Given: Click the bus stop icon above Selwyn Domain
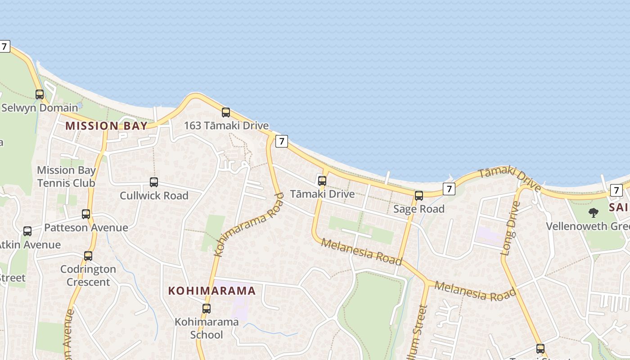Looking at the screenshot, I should pyautogui.click(x=40, y=94).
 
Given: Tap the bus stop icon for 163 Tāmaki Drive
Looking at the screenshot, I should pyautogui.click(x=226, y=112).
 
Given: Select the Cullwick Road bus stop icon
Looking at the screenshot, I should pyautogui.click(x=154, y=182).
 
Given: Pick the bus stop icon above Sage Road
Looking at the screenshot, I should pyautogui.click(x=419, y=196).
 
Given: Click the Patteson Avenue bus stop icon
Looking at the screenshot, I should pyautogui.click(x=86, y=214).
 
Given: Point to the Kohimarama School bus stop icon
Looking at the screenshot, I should pyautogui.click(x=207, y=309).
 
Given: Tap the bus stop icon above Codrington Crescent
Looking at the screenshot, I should pyautogui.click(x=88, y=256).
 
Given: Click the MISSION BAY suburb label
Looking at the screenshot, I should pyautogui.click(x=106, y=126).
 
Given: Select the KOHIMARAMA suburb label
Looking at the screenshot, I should pyautogui.click(x=212, y=291).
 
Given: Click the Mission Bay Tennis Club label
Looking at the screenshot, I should pyautogui.click(x=66, y=176).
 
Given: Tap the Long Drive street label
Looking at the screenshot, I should pyautogui.click(x=510, y=229).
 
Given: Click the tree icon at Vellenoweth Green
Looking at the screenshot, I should pyautogui.click(x=594, y=212).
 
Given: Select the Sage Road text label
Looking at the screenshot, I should pyautogui.click(x=419, y=209).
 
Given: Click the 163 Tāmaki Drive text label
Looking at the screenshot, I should pyautogui.click(x=226, y=126).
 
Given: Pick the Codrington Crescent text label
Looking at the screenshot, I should pyautogui.click(x=88, y=275).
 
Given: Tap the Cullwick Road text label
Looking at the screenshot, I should pyautogui.click(x=154, y=196).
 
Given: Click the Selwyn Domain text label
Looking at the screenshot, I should pyautogui.click(x=40, y=108).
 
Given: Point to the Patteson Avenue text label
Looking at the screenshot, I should pyautogui.click(x=86, y=228).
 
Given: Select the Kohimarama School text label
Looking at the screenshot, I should pyautogui.click(x=207, y=328).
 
